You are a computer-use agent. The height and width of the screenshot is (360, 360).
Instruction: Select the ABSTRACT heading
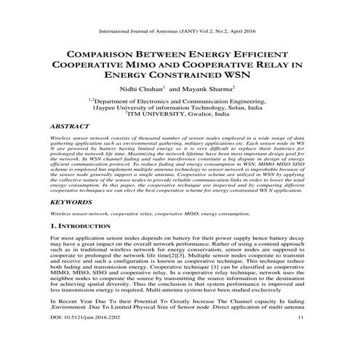click(71, 126)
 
